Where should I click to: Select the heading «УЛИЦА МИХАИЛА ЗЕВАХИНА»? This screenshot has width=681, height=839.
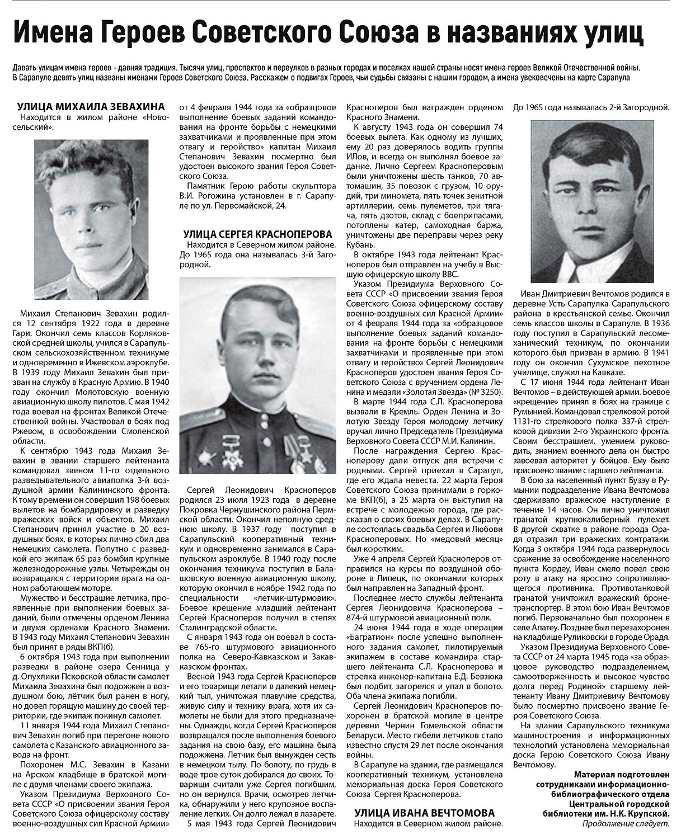coord(91,106)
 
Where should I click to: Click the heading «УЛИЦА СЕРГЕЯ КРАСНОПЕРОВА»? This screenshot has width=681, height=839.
coord(258,234)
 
